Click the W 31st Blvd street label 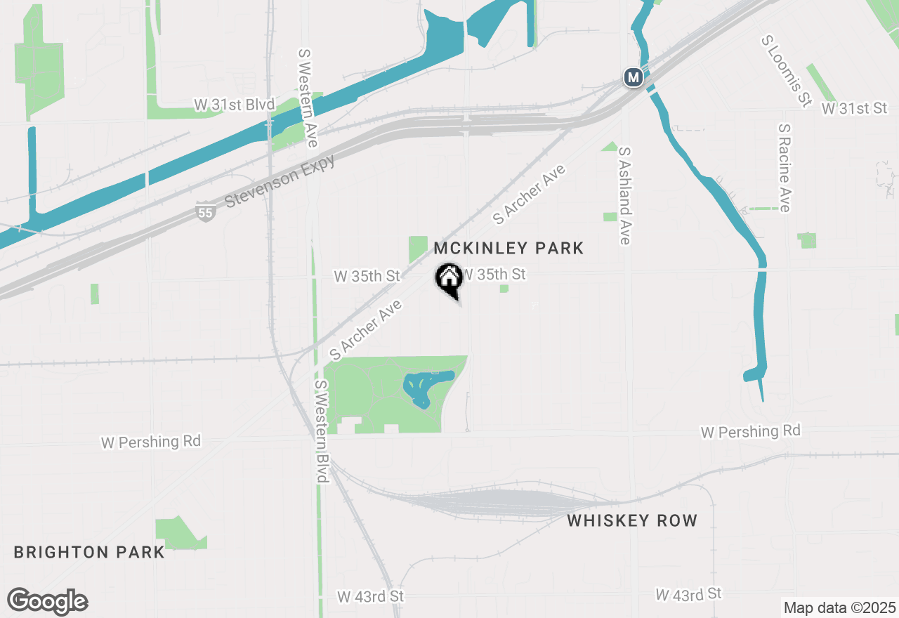coord(234,105)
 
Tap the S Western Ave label coord(308,98)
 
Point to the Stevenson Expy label coord(281,181)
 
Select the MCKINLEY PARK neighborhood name coord(508,248)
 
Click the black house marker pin coord(448,280)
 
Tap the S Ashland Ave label coord(624,195)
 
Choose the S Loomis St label coord(782,70)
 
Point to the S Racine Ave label coord(785,168)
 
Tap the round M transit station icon coord(634,77)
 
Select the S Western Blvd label coord(321,431)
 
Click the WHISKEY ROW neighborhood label coord(632,520)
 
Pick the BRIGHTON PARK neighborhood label coord(89,552)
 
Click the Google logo coord(48,602)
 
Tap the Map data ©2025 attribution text coord(839,607)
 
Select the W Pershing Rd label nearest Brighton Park coord(151,442)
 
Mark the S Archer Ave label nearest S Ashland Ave coord(529,195)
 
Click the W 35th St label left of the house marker coord(367,276)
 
